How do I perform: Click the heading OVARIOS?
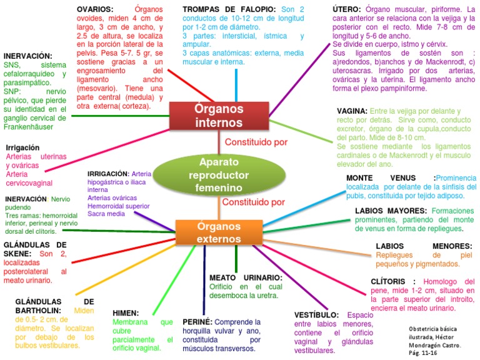[x=95, y=9]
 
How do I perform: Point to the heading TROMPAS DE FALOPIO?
[x=229, y=9]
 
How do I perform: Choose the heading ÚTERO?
[x=347, y=9]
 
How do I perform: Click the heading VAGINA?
[x=352, y=111]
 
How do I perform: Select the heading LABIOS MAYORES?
[x=390, y=211]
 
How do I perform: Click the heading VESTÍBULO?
[x=316, y=315]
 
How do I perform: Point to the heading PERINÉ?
[x=198, y=321]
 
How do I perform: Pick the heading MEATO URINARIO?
[x=246, y=277]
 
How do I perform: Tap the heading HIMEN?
[x=126, y=312]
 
